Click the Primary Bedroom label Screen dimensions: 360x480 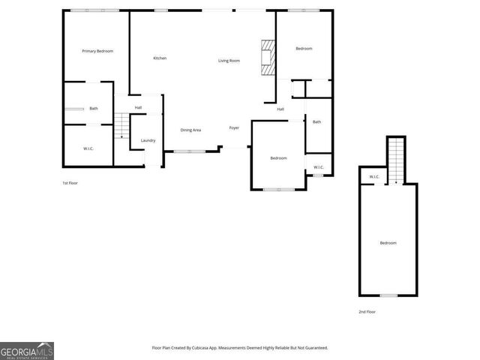click(x=97, y=51)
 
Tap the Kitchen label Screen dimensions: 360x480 click(x=160, y=58)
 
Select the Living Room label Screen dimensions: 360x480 click(x=229, y=61)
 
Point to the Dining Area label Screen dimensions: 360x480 click(x=190, y=130)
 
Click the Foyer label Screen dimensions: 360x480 click(x=234, y=128)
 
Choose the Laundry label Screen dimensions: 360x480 click(x=148, y=140)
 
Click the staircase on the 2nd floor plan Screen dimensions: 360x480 click(x=396, y=160)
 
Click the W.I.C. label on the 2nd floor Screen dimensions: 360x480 click(x=373, y=177)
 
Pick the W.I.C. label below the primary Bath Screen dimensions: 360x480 click(x=88, y=148)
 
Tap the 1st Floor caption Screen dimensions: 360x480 click(x=70, y=183)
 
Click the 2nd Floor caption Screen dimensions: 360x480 click(x=367, y=311)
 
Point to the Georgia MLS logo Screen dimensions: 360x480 click(x=27, y=351)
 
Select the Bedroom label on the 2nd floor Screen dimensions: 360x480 click(x=388, y=243)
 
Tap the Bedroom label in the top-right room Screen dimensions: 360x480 click(x=304, y=49)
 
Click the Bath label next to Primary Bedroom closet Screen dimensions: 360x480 click(x=94, y=109)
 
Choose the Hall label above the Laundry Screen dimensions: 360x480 click(x=139, y=108)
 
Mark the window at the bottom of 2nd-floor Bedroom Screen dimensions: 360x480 click(x=388, y=295)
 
